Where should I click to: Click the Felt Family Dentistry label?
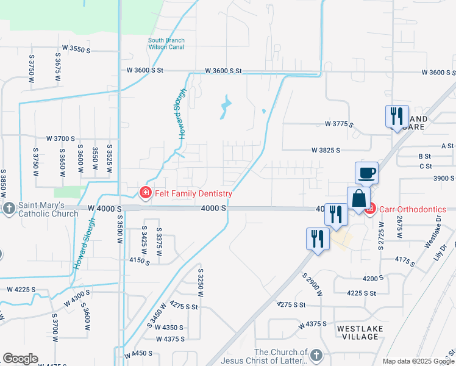tap(193, 194)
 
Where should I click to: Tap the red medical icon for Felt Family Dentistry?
tap(145, 194)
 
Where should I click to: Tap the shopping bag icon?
tap(358, 199)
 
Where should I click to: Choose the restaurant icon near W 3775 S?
tap(397, 117)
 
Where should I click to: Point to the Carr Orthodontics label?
tap(413, 209)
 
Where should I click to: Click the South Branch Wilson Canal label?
tap(166, 45)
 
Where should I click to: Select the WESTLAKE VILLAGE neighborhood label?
tap(358, 332)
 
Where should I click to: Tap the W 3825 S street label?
tap(325, 149)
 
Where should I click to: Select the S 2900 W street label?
tap(312, 285)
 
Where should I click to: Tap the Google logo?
tap(20, 359)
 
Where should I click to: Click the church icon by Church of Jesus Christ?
tap(316, 355)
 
